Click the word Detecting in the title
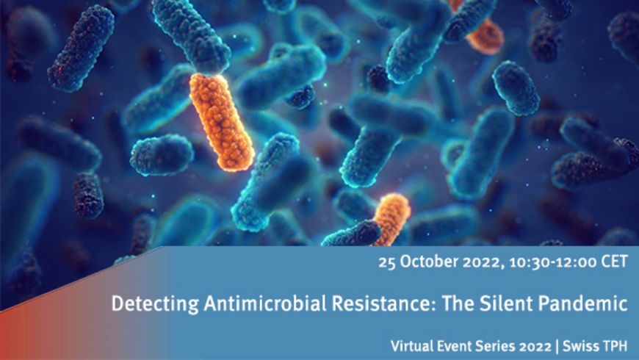click(x=155, y=304)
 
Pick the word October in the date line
click(x=428, y=262)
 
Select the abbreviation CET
click(x=615, y=262)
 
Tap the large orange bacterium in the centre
click(x=222, y=121)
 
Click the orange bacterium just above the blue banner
click(x=391, y=219)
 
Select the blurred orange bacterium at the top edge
click(x=481, y=32)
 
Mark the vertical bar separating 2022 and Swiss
click(x=557, y=347)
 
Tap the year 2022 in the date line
click(x=483, y=262)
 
